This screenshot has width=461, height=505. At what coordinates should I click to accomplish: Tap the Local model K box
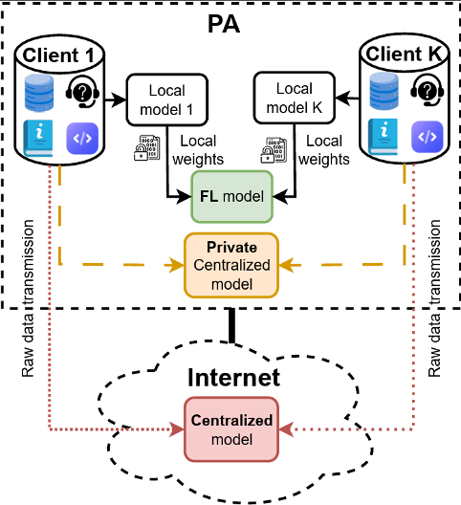tap(294, 99)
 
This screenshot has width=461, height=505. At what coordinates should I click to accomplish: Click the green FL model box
tap(232, 196)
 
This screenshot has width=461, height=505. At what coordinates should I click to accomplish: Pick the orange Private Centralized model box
tap(231, 263)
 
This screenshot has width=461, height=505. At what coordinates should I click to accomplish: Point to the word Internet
tap(231, 378)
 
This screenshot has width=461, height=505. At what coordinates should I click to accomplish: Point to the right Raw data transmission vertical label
tap(434, 296)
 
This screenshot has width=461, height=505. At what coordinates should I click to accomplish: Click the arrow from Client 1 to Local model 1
tap(113, 98)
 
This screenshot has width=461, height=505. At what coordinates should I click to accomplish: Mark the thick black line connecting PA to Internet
tap(230, 326)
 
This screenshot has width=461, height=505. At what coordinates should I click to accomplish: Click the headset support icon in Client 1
tap(82, 93)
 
